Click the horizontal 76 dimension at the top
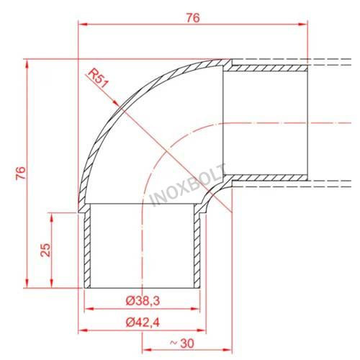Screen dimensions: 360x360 click(193, 18)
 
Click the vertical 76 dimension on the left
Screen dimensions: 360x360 click(21, 173)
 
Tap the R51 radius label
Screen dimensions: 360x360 click(98, 78)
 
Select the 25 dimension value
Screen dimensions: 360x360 click(45, 250)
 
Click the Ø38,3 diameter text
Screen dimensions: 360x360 click(143, 301)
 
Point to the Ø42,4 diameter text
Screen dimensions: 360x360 click(143, 323)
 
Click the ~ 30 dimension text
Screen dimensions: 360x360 click(182, 343)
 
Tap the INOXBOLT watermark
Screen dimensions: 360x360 click(189, 185)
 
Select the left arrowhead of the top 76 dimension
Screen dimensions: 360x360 click(83, 24)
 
